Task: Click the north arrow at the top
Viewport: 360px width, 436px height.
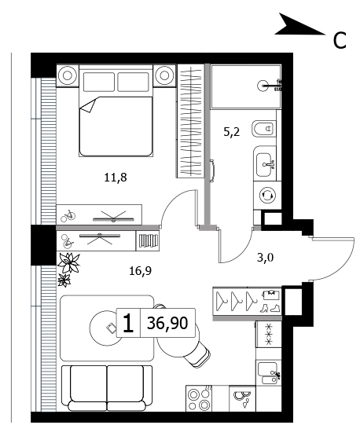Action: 299,26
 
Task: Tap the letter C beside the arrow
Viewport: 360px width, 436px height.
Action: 340,40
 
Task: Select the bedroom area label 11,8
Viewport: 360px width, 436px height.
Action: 116,177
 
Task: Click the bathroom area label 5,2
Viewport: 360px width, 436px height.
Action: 231,132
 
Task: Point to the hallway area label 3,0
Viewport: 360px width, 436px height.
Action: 265,258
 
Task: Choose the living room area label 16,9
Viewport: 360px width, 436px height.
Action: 140,270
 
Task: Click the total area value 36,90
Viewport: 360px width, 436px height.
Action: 167,323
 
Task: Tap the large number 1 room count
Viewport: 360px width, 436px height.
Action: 128,323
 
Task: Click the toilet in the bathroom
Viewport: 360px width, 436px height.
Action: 263,129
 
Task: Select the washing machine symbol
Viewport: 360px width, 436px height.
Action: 267,195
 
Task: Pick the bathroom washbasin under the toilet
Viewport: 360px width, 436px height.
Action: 264,165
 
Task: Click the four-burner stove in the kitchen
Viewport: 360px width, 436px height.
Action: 199,398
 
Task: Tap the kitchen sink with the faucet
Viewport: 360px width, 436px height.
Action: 267,372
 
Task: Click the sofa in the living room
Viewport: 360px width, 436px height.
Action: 107,388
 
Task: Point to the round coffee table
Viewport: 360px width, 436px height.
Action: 107,328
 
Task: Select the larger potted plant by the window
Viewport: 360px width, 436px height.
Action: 68,262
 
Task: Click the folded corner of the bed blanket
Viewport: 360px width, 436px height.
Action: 88,106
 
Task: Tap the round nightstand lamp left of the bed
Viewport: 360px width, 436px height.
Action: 68,75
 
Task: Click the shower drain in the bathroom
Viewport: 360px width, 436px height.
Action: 263,86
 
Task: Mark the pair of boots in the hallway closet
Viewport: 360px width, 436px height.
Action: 270,308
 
